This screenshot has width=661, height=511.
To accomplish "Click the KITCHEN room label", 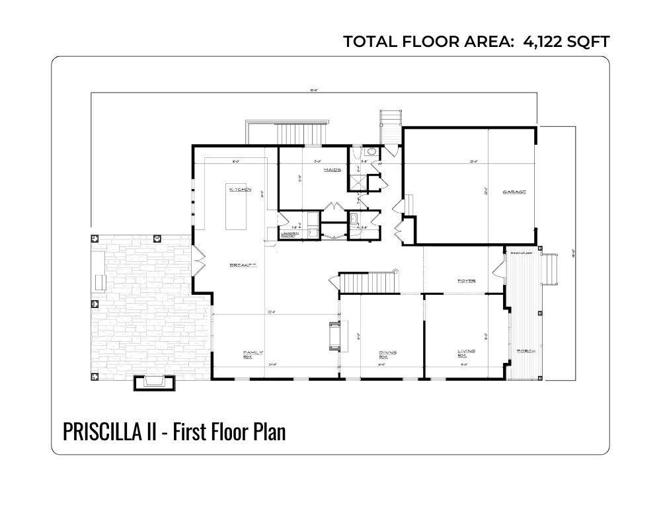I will pyautogui.click(x=240, y=190).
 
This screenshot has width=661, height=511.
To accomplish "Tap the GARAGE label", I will pyautogui.click(x=514, y=192).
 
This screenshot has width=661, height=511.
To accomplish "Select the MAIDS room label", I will pyautogui.click(x=332, y=170).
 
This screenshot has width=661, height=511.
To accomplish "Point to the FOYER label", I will pyautogui.click(x=467, y=281).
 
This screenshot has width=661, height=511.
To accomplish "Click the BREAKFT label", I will pyautogui.click(x=243, y=265).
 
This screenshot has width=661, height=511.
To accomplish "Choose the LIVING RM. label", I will pyautogui.click(x=467, y=354).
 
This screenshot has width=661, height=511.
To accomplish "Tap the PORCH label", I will pyautogui.click(x=526, y=350).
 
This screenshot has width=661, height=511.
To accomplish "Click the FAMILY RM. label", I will pyautogui.click(x=249, y=354).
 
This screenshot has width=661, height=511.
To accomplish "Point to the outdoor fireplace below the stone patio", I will pyautogui.click(x=155, y=382).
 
